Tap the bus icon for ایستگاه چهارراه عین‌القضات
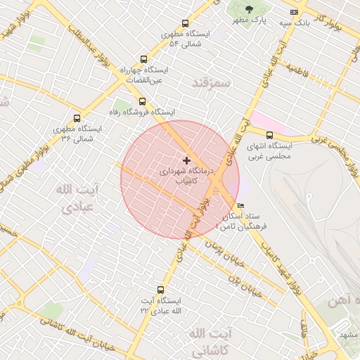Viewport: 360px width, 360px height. [144, 60]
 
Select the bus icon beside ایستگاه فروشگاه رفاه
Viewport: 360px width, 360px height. [143, 101]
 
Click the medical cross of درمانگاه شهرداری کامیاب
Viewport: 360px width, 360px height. [186, 161]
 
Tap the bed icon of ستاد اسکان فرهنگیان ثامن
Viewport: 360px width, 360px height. [241, 207]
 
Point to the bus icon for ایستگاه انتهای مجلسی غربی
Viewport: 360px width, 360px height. [269, 135]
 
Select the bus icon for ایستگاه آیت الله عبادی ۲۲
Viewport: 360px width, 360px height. [161, 289]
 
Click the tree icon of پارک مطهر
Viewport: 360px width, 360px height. [248, 9]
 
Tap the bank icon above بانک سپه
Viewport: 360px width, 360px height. [294, 12]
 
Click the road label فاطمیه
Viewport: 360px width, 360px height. [297, 72]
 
